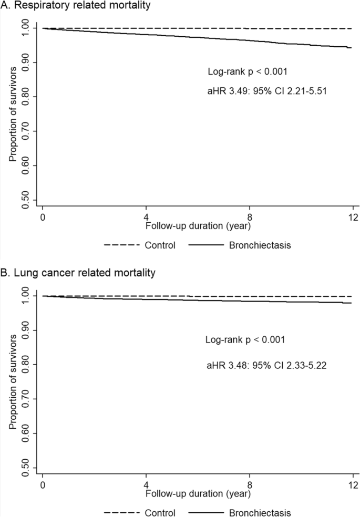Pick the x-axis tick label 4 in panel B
(146, 484)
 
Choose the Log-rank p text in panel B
(245, 340)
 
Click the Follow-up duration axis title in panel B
(198, 492)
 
